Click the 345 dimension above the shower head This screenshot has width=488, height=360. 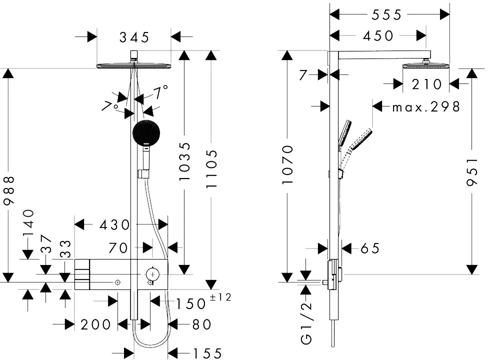pyautogui.click(x=134, y=37)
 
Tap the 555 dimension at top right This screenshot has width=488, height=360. pyautogui.click(x=387, y=14)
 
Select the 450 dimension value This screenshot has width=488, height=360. pyautogui.click(x=378, y=36)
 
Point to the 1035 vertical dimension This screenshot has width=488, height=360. pyautogui.click(x=184, y=161)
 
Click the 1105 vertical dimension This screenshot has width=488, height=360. pyautogui.click(x=211, y=169)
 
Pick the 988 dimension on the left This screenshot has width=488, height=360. pyautogui.click(x=8, y=190)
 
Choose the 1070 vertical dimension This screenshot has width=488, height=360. pyautogui.click(x=287, y=164)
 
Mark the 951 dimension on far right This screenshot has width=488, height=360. pyautogui.click(x=472, y=172)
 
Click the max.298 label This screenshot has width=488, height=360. pyautogui.click(x=426, y=107)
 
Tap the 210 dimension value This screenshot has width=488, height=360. pyautogui.click(x=427, y=84)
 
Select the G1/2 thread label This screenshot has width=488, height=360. pyautogui.click(x=306, y=323)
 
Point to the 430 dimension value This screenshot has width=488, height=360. pyautogui.click(x=114, y=225)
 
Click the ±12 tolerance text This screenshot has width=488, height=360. pyautogui.click(x=220, y=297)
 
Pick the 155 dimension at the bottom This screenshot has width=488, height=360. pyautogui.click(x=207, y=353)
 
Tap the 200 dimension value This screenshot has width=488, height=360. pyautogui.click(x=95, y=325)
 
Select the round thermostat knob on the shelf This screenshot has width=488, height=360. pyautogui.click(x=152, y=274)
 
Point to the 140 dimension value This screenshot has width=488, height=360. pyautogui.click(x=28, y=222)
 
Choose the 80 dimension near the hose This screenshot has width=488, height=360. pyautogui.click(x=202, y=325)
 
